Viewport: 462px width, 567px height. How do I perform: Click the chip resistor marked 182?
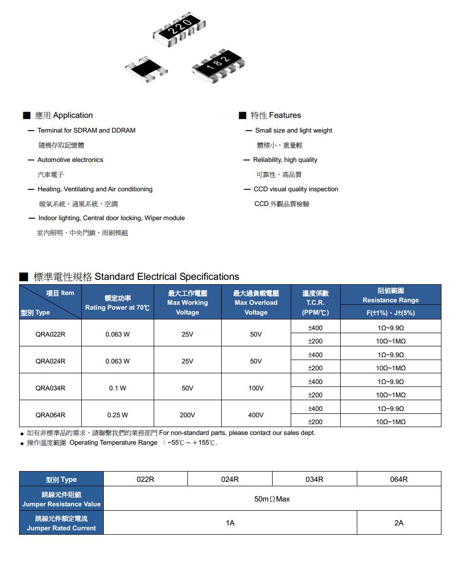click(x=218, y=65)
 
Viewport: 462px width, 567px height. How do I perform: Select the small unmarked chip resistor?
click(x=146, y=68)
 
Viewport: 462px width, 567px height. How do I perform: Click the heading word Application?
click(x=72, y=115)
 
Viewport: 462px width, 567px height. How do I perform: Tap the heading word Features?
click(x=285, y=115)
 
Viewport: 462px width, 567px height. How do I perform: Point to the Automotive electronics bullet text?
click(x=70, y=160)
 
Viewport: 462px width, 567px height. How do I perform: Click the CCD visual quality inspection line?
click(x=296, y=189)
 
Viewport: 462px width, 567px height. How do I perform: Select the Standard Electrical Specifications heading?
click(x=166, y=277)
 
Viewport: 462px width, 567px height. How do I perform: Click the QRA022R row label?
click(x=50, y=334)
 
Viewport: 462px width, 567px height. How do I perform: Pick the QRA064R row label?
click(x=50, y=415)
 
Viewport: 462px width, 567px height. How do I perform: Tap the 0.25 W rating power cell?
click(x=117, y=415)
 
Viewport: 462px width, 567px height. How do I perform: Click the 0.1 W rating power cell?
click(x=117, y=388)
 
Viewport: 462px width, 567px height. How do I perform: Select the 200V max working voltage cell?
click(x=187, y=415)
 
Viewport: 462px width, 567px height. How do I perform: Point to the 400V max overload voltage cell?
click(x=256, y=415)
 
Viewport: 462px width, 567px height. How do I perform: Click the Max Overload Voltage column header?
click(x=256, y=302)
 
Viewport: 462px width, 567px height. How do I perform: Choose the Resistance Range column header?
click(x=391, y=295)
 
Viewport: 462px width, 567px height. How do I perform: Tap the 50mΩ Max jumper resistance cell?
click(x=272, y=499)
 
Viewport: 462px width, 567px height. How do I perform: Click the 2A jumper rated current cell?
click(x=399, y=523)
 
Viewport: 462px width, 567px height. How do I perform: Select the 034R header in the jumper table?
click(x=314, y=479)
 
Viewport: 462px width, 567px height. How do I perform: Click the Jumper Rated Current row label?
click(x=62, y=523)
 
